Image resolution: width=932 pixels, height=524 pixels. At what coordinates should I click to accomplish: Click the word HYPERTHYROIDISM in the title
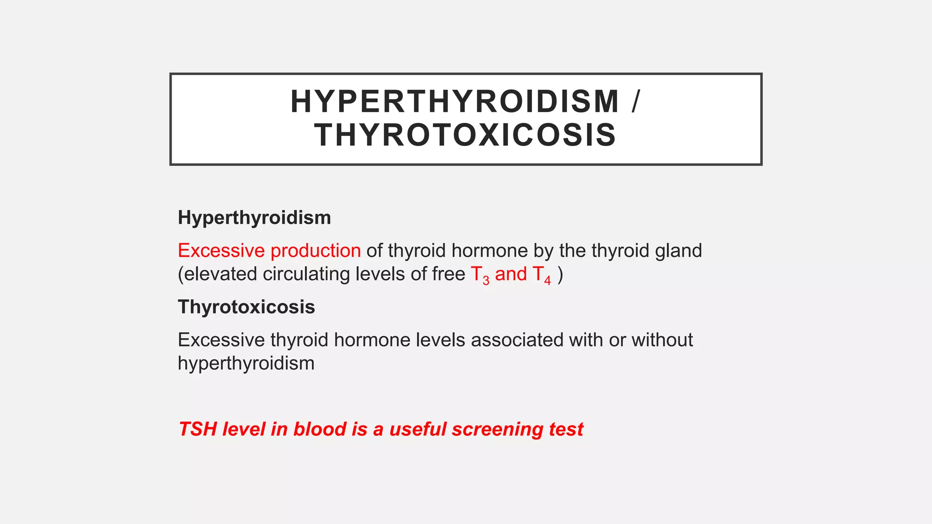pyautogui.click(x=455, y=101)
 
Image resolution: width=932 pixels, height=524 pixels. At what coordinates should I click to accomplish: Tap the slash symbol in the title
pyautogui.click(x=636, y=101)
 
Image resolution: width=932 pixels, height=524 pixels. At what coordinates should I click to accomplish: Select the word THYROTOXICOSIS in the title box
pyautogui.click(x=465, y=135)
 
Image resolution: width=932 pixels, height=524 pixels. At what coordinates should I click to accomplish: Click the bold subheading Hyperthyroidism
pyautogui.click(x=254, y=217)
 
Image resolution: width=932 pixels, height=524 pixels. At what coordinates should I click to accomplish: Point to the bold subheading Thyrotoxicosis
pyautogui.click(x=246, y=307)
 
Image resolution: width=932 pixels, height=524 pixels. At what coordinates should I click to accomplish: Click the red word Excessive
pyautogui.click(x=221, y=251)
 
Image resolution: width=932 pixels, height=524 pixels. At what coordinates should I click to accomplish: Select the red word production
pyautogui.click(x=316, y=251)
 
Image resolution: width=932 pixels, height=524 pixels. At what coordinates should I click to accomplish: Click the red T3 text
pyautogui.click(x=480, y=275)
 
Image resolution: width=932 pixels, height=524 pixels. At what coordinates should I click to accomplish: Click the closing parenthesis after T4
pyautogui.click(x=560, y=274)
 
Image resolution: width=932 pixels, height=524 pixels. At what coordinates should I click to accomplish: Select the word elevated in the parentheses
pyautogui.click(x=220, y=274)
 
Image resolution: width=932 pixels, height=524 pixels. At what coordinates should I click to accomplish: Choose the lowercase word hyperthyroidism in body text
pyautogui.click(x=246, y=363)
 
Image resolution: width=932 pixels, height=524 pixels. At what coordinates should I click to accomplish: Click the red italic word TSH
pyautogui.click(x=198, y=429)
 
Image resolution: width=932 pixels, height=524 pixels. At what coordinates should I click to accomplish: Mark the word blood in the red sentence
pyautogui.click(x=319, y=429)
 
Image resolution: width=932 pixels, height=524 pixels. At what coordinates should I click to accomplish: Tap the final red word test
pyautogui.click(x=566, y=429)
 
